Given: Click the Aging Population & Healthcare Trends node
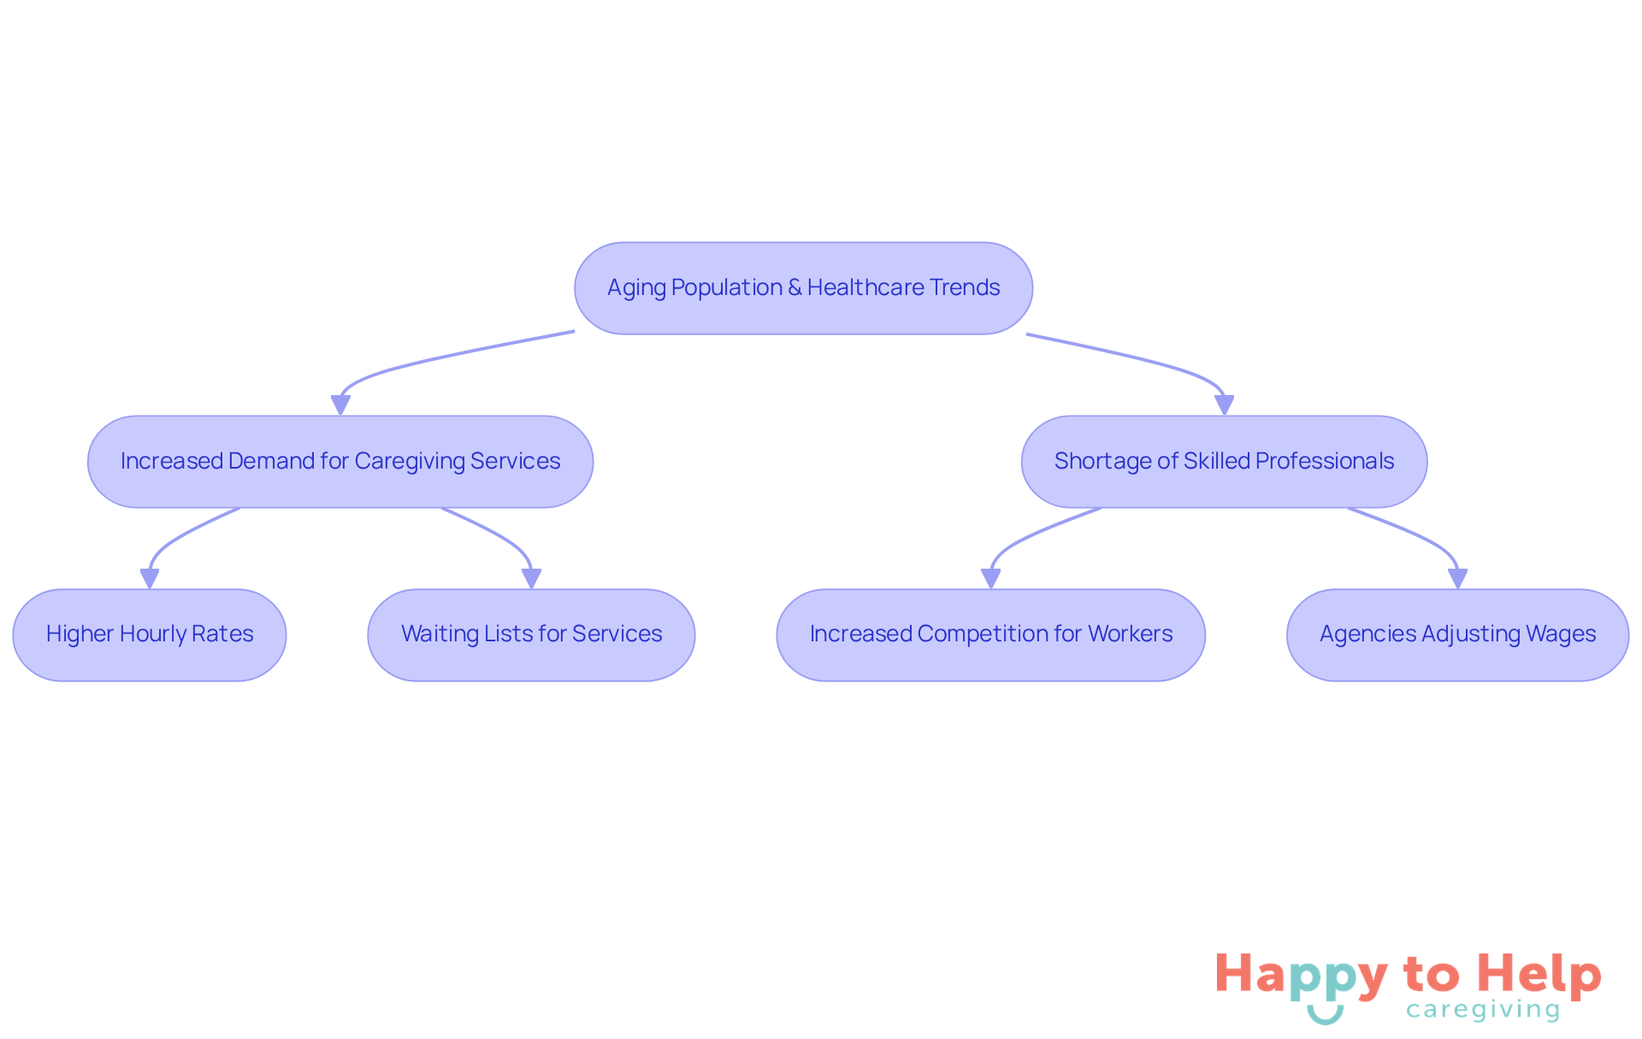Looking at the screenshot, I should [803, 288].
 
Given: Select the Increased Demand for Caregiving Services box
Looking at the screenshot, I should [340, 462].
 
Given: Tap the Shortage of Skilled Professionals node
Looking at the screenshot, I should [1224, 462].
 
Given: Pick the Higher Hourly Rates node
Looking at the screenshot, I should [150, 635].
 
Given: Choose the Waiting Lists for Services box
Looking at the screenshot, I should [531, 635].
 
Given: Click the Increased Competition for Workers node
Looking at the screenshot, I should [990, 635].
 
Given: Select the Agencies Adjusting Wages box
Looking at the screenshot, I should [1457, 635].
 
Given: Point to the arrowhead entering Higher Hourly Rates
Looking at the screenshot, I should [150, 579].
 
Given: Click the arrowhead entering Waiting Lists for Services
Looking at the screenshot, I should [531, 579].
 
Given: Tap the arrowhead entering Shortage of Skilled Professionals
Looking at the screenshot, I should [1224, 405].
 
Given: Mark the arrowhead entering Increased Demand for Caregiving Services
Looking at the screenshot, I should [340, 405].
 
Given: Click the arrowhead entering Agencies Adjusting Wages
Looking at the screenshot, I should [1457, 579].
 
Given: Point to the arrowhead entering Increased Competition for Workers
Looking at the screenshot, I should [990, 579].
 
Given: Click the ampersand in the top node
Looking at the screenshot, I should [794, 288].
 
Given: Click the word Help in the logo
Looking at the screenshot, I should [1539, 975].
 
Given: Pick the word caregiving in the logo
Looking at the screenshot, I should [1483, 1010].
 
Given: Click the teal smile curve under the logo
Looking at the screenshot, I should [1325, 1017].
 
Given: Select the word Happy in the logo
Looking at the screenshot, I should [1301, 975].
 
